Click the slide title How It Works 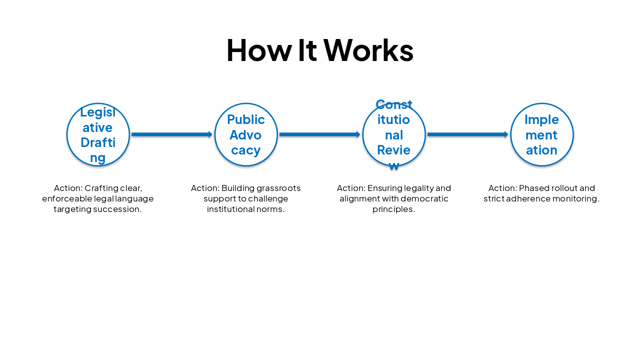319,50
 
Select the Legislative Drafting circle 98,134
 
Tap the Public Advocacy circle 246,134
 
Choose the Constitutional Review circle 394,134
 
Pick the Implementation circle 542,134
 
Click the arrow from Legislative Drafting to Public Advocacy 171,134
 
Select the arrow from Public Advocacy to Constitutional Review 319,134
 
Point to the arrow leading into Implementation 467,134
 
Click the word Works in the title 368,50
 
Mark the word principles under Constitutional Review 393,209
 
